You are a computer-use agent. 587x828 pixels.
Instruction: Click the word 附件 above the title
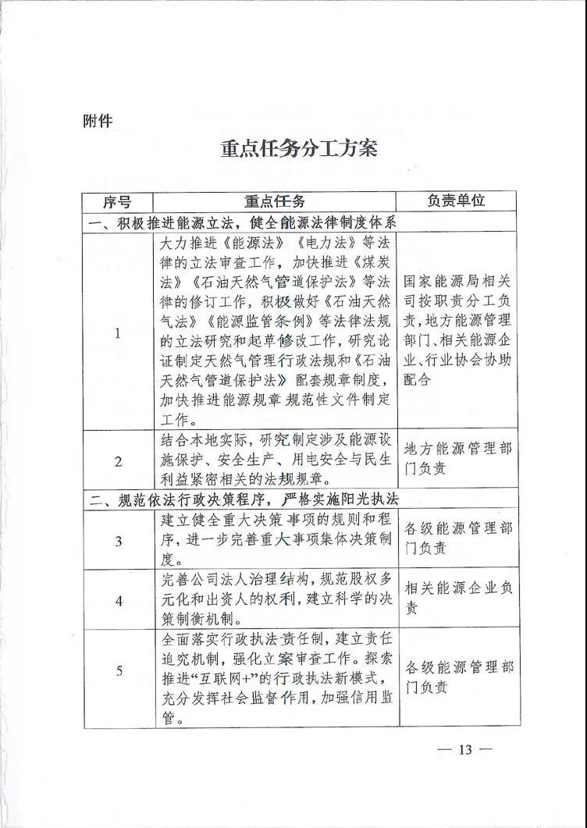(x=98, y=121)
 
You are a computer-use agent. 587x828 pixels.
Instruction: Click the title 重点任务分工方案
(x=299, y=148)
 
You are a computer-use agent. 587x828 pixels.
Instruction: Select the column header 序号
(x=118, y=201)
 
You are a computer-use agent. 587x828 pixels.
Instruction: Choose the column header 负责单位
(x=457, y=201)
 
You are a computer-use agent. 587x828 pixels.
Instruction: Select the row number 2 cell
(x=118, y=461)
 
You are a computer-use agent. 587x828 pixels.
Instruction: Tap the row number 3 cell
(x=118, y=540)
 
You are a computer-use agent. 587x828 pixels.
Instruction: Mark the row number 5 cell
(x=118, y=670)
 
